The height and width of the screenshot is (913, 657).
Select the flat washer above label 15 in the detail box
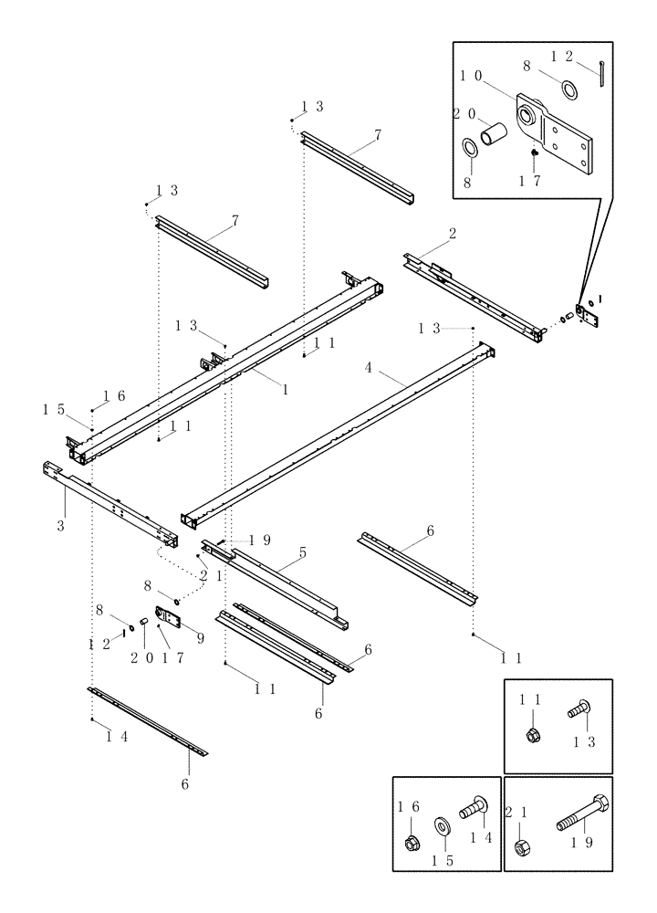pyautogui.click(x=442, y=827)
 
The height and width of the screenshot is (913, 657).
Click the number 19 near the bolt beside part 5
pyautogui.click(x=260, y=540)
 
